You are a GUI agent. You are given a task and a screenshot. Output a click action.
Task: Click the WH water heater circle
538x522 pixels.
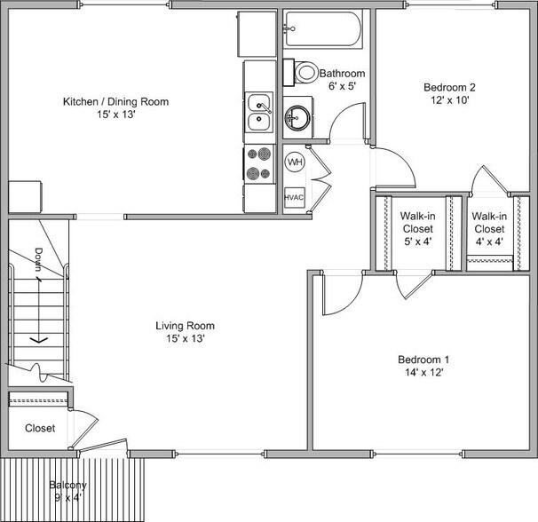pos(295,162)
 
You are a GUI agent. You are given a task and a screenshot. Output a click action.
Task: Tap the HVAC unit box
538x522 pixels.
pos(295,197)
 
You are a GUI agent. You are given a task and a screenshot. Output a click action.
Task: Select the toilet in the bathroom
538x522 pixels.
pos(304,71)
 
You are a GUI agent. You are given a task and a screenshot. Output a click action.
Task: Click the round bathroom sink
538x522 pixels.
pos(297,117)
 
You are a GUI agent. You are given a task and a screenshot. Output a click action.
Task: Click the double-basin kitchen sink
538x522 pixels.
pos(259,114)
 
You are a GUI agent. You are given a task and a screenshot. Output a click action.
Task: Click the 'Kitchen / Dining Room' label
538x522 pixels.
pos(115,101)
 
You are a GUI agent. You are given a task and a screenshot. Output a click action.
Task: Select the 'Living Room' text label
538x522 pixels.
pos(185,326)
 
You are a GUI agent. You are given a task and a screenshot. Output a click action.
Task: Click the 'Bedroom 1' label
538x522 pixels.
pos(423,360)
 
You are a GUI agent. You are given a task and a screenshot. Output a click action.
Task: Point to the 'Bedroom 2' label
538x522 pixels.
pos(449,87)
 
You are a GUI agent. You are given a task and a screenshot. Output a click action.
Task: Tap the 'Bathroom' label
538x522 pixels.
pos(343,73)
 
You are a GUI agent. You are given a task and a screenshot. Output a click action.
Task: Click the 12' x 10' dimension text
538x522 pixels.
pos(449,100)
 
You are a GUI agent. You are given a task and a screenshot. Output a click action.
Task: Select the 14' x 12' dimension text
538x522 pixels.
pos(423,373)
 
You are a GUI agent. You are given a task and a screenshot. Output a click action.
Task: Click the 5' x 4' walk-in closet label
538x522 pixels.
pos(416,241)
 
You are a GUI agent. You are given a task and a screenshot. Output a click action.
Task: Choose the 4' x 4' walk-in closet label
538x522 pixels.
pos(489,241)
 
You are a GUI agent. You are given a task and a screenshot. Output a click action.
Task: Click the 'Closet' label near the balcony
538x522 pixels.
pos(39,428)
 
